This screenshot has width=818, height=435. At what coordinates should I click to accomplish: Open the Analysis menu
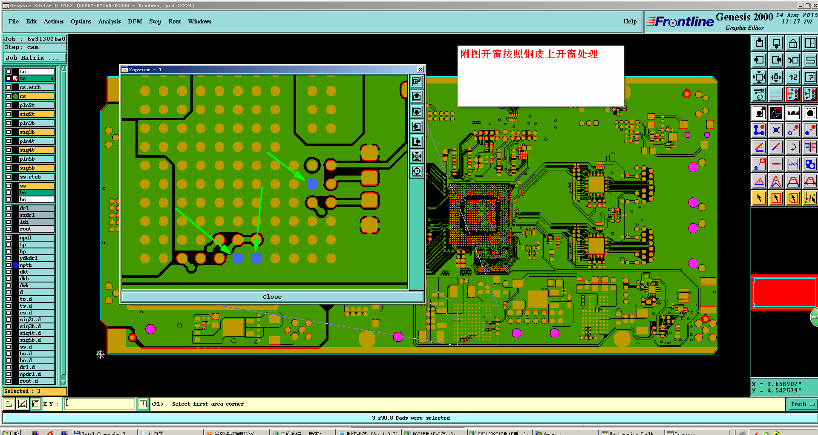(x=109, y=21)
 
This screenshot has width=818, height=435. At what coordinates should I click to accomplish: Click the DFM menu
(x=135, y=21)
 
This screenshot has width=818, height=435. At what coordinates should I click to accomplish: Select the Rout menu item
(x=174, y=21)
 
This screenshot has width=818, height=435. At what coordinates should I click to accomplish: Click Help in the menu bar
(x=630, y=21)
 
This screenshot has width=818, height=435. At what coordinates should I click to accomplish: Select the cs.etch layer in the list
(x=36, y=87)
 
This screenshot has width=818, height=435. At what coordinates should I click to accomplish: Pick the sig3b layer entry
(x=36, y=132)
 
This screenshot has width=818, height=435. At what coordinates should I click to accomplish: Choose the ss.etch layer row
(x=36, y=177)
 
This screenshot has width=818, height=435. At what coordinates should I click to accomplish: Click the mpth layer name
(x=36, y=265)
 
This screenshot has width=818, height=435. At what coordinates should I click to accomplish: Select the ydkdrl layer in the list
(x=36, y=258)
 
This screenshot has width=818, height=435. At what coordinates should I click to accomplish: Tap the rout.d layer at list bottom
(x=36, y=381)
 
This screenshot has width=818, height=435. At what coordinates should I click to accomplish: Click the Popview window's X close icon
(x=421, y=69)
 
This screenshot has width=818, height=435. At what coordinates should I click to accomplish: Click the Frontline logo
(x=680, y=21)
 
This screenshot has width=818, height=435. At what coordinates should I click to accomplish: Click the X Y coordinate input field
(x=100, y=404)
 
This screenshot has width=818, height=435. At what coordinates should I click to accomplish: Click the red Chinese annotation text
(x=529, y=54)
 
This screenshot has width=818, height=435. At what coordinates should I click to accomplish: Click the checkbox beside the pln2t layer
(x=9, y=105)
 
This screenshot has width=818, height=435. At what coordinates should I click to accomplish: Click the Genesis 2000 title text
(x=744, y=17)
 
